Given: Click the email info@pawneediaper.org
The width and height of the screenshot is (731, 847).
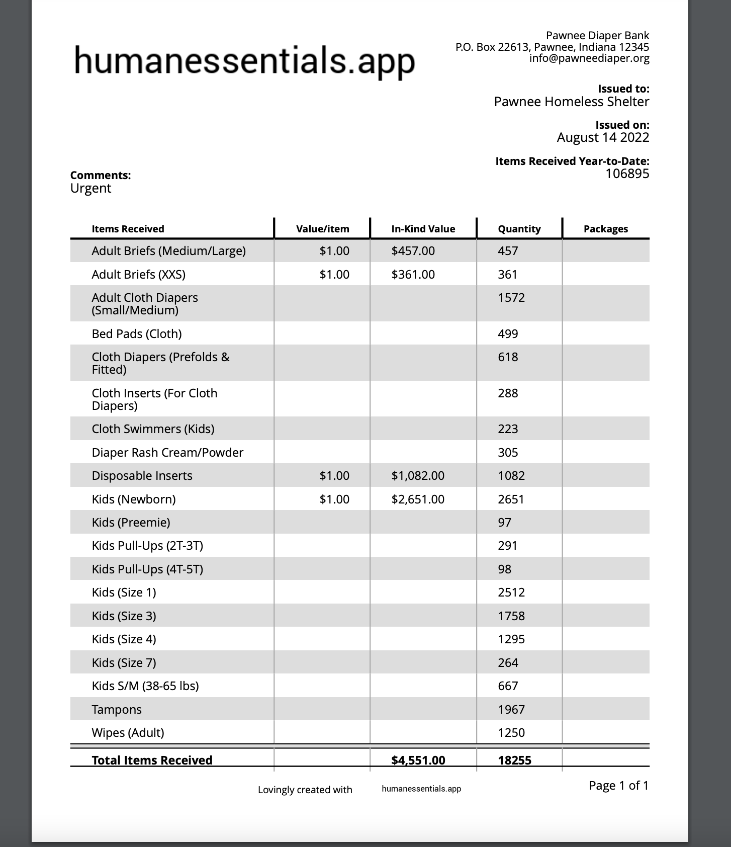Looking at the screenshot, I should (589, 58).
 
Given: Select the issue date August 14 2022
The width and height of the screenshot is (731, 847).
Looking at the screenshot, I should (602, 137).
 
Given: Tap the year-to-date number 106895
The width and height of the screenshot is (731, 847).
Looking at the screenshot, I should (627, 174).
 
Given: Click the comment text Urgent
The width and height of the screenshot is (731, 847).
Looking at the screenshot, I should (90, 188).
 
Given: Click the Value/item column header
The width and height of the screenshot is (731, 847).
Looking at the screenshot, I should (322, 229).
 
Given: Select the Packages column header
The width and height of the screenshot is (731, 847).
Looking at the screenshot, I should (605, 229).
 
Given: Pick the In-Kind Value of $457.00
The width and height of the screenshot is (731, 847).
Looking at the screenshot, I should (413, 250).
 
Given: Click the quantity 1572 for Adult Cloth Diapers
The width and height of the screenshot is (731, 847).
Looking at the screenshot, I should (511, 298).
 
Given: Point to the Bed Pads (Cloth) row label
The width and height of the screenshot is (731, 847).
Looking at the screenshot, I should (136, 333).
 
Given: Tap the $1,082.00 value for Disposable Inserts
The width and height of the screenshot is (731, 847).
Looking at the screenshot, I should (417, 475).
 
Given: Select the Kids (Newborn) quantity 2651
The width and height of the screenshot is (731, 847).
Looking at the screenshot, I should (511, 499).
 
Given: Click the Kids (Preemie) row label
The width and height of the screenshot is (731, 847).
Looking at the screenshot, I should (131, 522).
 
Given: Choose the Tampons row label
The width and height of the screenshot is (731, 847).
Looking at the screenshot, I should (117, 709).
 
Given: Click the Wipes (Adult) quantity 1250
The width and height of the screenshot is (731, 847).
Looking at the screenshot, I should (511, 732).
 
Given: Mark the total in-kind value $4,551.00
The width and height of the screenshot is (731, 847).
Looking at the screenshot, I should (418, 759).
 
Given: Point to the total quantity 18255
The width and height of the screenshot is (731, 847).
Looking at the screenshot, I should (514, 759).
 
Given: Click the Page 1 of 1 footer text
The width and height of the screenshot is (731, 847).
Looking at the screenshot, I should (618, 785).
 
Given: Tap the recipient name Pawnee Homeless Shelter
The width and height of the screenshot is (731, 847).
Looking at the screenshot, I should (571, 102).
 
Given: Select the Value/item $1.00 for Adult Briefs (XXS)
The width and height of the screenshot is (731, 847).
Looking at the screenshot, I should (334, 274).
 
